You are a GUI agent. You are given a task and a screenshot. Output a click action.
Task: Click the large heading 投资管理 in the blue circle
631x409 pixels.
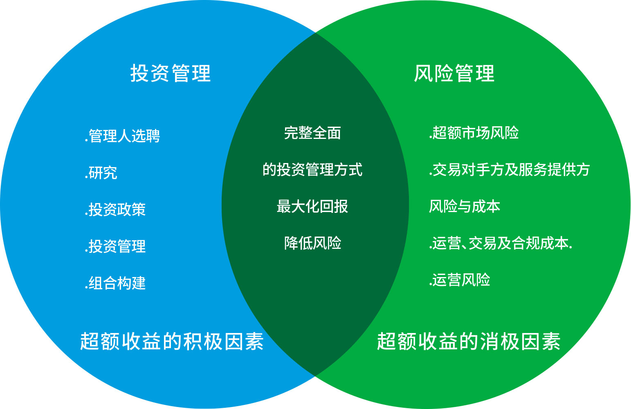pyautogui.click(x=171, y=73)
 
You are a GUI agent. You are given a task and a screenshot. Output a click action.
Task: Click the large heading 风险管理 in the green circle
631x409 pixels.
pyautogui.click(x=454, y=73)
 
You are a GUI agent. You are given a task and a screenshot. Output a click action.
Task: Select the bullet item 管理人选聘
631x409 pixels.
pyautogui.click(x=123, y=136)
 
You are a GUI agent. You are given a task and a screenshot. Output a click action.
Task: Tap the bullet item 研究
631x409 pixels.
pyautogui.click(x=101, y=172)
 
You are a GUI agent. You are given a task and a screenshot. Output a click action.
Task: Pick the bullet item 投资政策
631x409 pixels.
pyautogui.click(x=115, y=210)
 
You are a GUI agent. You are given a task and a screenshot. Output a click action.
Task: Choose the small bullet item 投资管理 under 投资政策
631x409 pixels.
pyautogui.click(x=115, y=246)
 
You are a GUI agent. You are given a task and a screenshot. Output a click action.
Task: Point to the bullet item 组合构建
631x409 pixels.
pyautogui.click(x=115, y=283)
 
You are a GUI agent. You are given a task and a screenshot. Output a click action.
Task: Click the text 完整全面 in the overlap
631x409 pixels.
pyautogui.click(x=312, y=133)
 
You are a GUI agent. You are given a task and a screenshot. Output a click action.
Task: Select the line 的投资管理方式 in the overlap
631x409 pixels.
pyautogui.click(x=312, y=170)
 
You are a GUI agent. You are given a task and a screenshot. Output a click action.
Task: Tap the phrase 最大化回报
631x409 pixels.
pyautogui.click(x=312, y=206)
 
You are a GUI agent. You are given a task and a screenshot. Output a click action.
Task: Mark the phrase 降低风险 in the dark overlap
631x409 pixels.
pyautogui.click(x=312, y=243)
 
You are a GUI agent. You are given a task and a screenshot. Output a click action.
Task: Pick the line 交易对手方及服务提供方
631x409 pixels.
pyautogui.click(x=509, y=170)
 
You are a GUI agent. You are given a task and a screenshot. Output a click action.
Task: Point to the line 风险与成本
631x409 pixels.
pyautogui.click(x=465, y=206)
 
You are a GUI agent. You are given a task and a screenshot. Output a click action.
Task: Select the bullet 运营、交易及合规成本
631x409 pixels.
pyautogui.click(x=501, y=243)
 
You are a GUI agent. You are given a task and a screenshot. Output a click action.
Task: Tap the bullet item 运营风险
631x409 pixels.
pyautogui.click(x=459, y=280)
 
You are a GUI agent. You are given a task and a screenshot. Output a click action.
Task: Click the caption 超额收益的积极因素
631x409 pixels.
pyautogui.click(x=172, y=342)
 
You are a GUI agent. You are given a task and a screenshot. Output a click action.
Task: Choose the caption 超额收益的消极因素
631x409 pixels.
pyautogui.click(x=469, y=342)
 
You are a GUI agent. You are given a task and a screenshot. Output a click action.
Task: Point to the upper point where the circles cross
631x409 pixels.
pyautogui.click(x=316, y=33)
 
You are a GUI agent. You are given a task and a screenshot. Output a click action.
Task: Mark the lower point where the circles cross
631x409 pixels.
pyautogui.click(x=316, y=376)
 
